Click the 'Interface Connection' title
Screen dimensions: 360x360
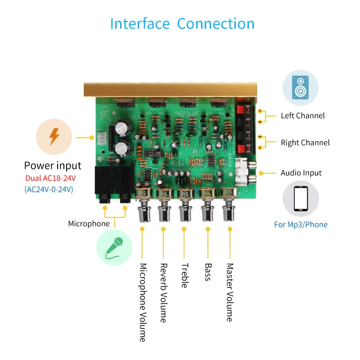coord(182,23)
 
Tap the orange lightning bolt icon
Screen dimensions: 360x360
coord(54,136)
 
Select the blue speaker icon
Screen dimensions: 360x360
coord(300,88)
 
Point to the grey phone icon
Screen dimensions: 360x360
coord(300,198)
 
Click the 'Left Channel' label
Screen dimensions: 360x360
coord(302,116)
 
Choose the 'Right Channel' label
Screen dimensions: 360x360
coord(305,143)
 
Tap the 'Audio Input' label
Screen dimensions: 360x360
coord(301,173)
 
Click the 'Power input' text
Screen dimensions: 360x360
coord(53,166)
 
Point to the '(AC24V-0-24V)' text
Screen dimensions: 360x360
coord(49,189)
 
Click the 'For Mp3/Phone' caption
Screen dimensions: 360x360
coord(301,225)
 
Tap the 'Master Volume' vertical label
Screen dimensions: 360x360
coord(229,292)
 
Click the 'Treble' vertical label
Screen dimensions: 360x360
coord(184,275)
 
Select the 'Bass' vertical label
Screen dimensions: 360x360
coord(207,272)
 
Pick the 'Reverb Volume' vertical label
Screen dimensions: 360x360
coord(163,293)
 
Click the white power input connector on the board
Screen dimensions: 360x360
coord(101,137)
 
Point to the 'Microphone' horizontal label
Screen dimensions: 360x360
coord(89,224)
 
